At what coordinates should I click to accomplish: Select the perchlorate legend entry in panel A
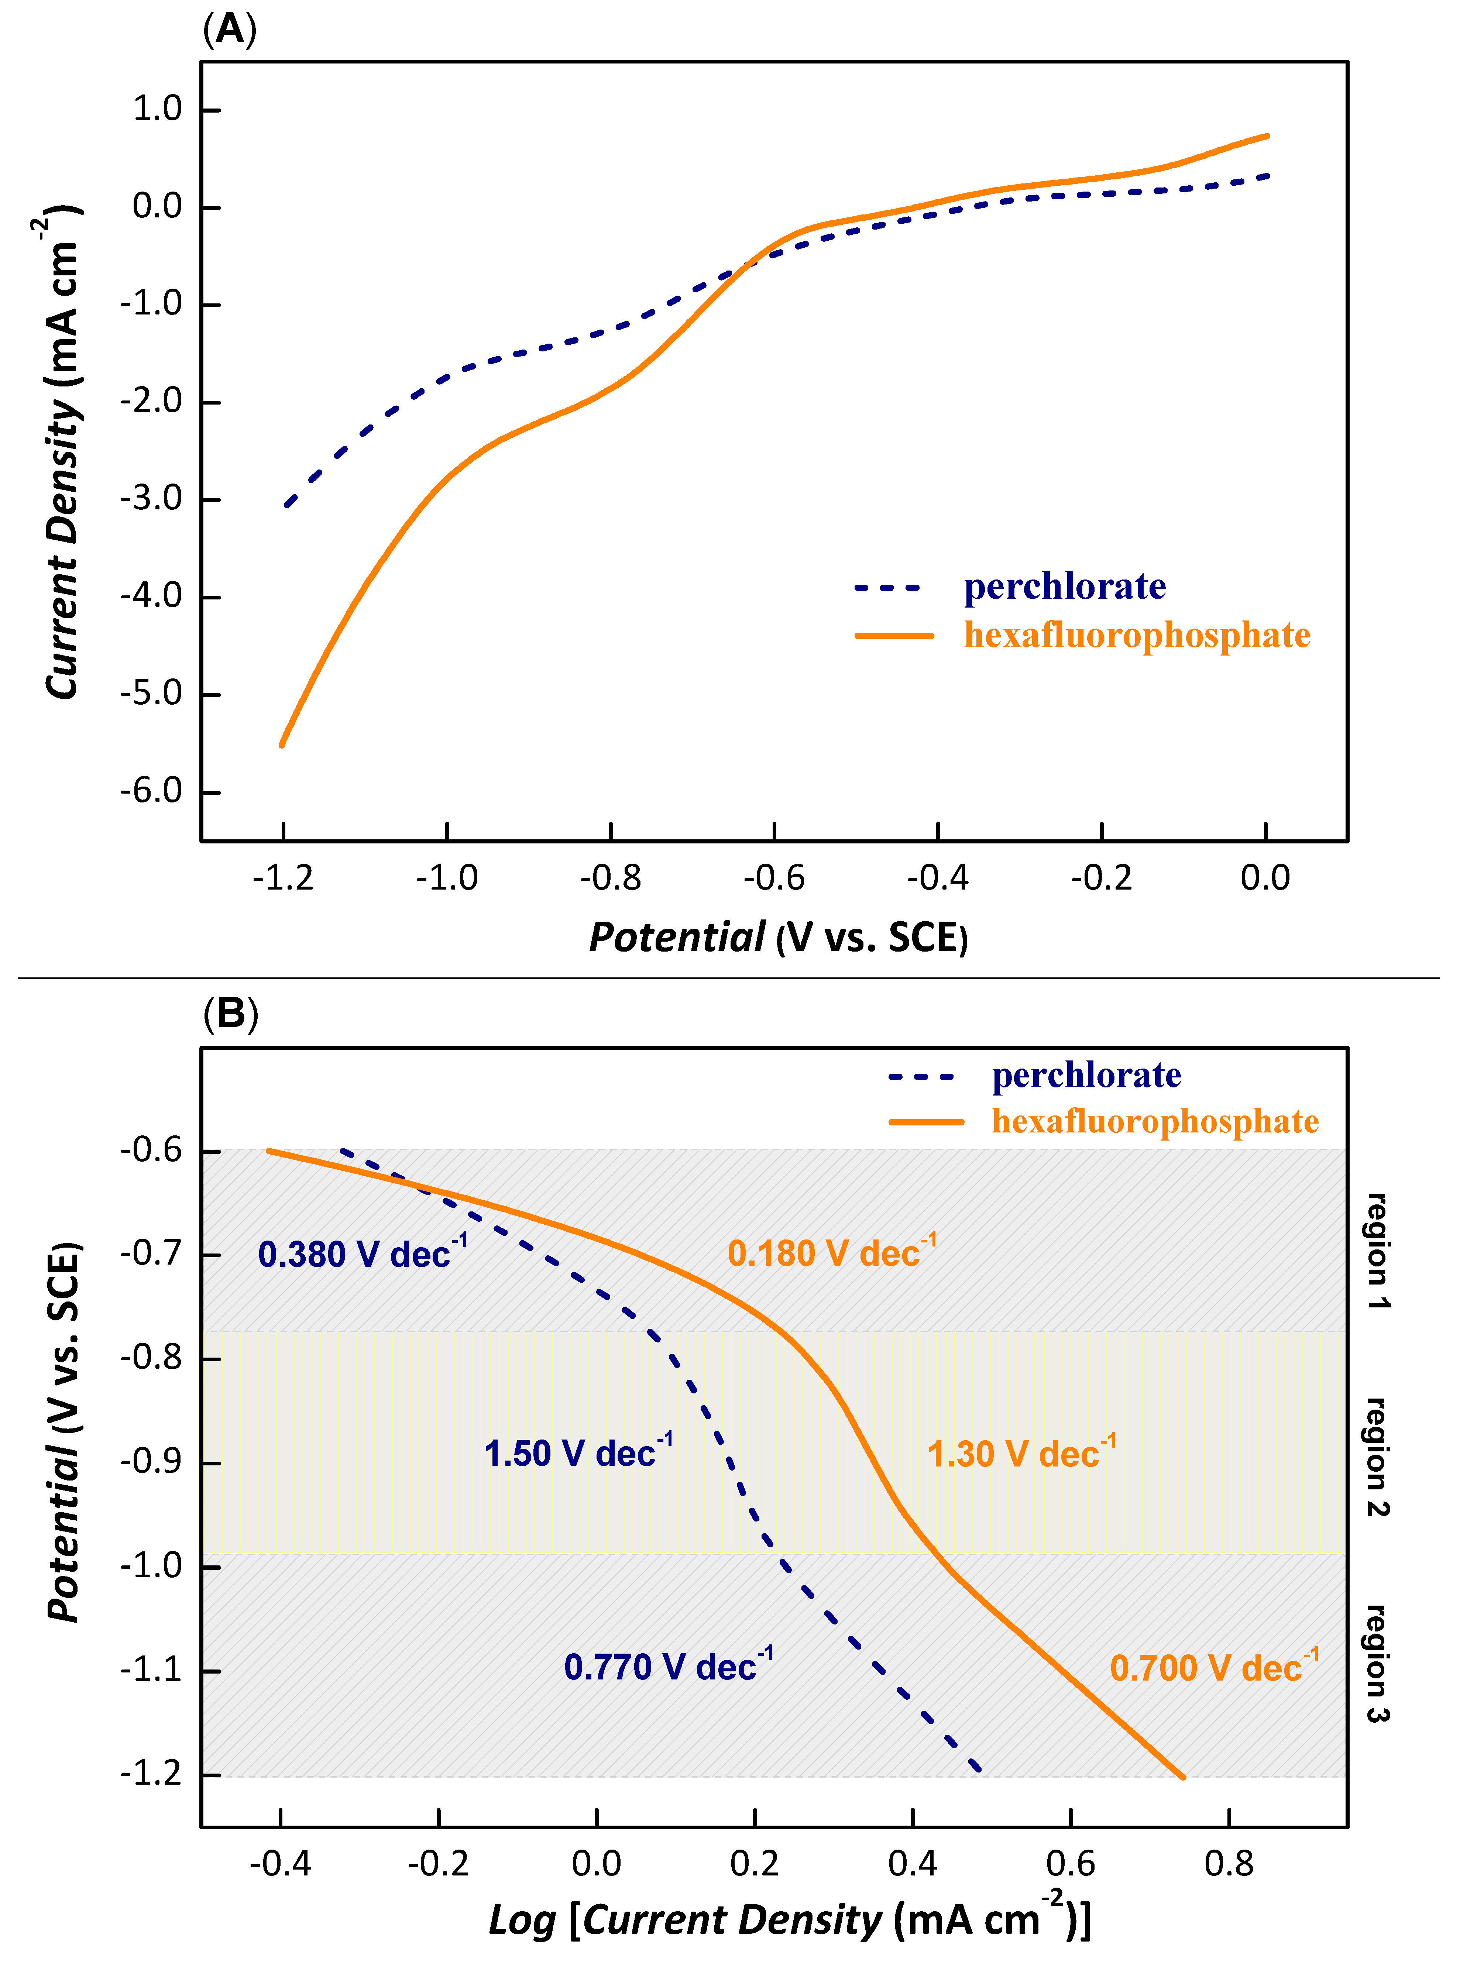click(1064, 587)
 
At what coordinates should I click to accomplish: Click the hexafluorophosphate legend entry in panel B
click(1154, 1121)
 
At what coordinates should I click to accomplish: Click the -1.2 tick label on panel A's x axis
click(283, 878)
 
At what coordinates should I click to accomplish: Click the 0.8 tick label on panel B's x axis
click(1229, 1864)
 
